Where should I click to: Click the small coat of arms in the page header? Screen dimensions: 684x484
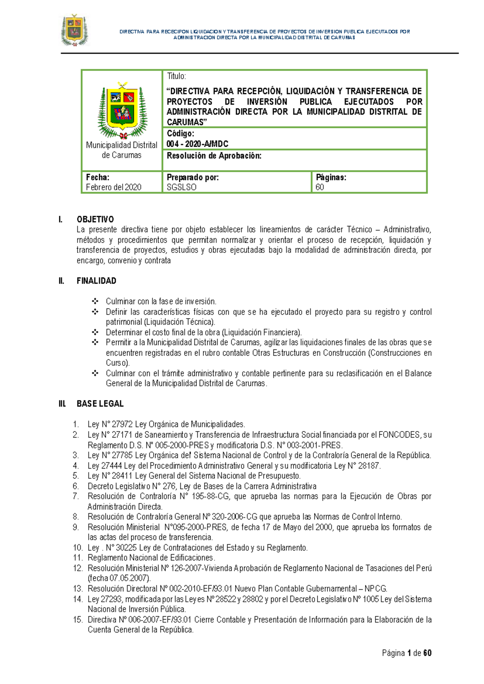pos(74,30)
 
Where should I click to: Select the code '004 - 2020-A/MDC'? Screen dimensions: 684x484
pos(197,144)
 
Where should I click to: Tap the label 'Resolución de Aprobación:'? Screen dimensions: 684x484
pos(214,156)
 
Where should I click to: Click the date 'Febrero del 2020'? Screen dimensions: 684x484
pos(113,187)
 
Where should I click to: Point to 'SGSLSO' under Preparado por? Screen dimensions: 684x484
pos(181,187)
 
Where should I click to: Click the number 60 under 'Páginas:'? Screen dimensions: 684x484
pos(319,187)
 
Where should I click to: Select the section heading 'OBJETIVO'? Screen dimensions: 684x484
pos(95,219)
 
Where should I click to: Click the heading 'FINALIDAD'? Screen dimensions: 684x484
pos(96,281)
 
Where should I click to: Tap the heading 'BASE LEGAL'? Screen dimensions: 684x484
pos(100,404)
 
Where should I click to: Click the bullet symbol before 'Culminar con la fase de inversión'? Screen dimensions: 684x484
pos(95,301)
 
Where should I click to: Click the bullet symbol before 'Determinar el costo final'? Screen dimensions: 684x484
pos(95,332)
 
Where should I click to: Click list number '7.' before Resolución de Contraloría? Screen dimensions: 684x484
pos(76,496)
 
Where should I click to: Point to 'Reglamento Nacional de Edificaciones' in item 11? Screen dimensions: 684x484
pos(150,558)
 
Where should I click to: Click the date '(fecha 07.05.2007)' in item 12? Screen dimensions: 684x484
pos(119,578)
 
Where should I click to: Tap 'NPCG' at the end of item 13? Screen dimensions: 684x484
pos(376,589)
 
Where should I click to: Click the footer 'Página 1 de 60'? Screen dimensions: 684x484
pos(407,653)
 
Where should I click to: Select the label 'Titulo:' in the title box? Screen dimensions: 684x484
pos(176,76)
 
